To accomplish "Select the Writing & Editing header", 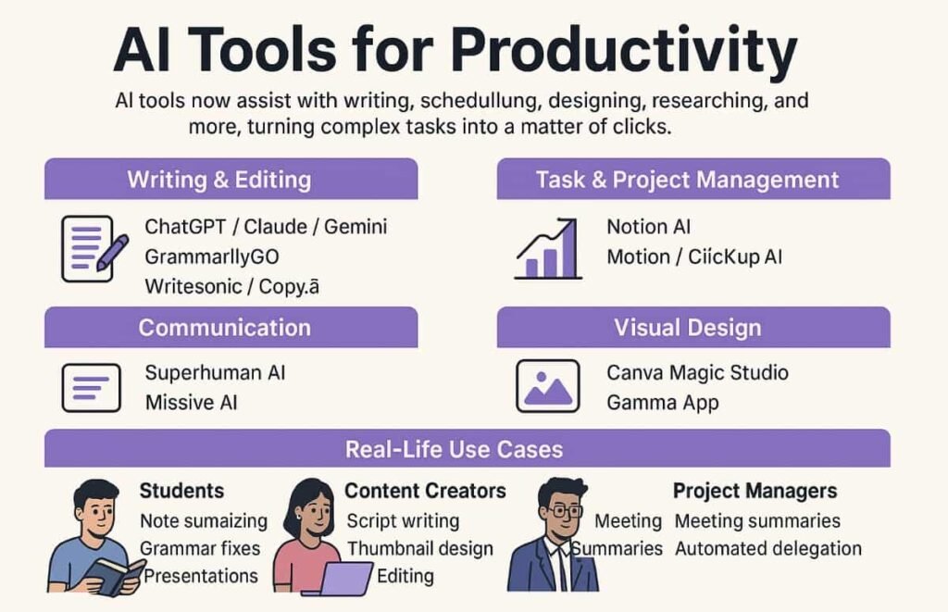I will coord(219,179).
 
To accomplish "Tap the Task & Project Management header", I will coord(687,179).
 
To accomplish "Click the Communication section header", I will coord(224,328).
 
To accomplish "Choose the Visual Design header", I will coord(687,328).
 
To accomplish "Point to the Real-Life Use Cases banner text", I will coord(454,450).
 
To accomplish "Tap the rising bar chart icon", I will coord(548,249).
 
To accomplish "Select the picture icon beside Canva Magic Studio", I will coord(548,386).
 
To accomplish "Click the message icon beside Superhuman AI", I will coord(91,387).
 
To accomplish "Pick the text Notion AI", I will coord(648,227).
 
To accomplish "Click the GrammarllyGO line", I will coord(212,256).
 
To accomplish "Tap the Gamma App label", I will coord(662,403).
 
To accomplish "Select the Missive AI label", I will coord(192,403).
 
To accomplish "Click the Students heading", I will coord(181,491).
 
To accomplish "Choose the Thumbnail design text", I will coord(419,549).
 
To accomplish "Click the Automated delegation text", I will coord(767,549).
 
